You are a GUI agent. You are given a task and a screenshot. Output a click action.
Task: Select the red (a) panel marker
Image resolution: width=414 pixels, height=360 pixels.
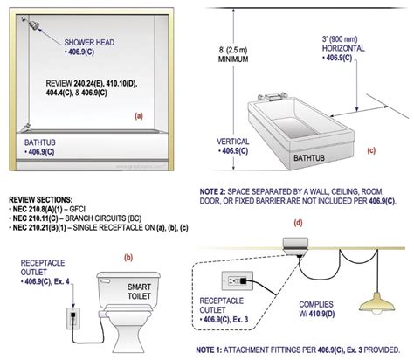coord(138,115)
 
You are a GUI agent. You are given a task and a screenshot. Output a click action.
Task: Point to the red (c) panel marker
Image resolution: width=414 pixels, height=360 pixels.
coord(370,149)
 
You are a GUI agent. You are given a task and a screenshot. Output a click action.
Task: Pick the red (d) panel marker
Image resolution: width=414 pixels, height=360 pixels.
coord(298,222)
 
